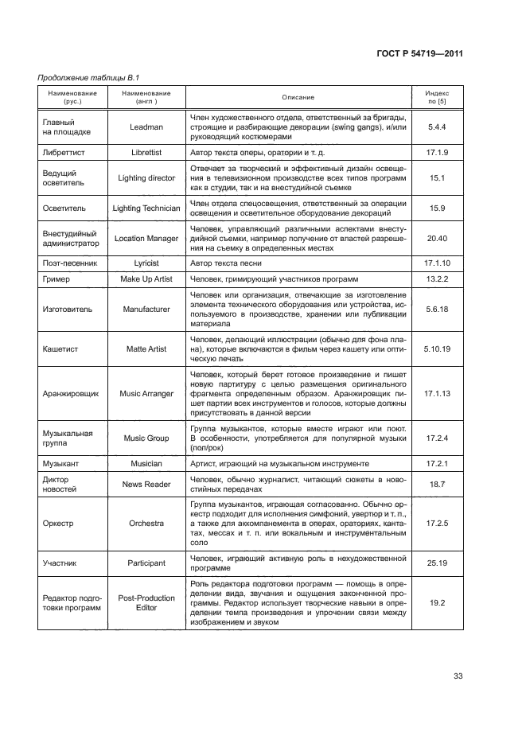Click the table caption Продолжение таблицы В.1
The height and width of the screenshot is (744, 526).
pos(84,77)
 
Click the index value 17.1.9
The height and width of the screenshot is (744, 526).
pos(437,150)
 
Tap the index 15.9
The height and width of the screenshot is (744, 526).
pos(437,207)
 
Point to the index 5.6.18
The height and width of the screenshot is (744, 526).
pos(437,309)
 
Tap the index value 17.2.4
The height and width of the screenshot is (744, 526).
pos(437,438)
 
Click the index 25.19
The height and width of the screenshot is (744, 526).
pos(437,563)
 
